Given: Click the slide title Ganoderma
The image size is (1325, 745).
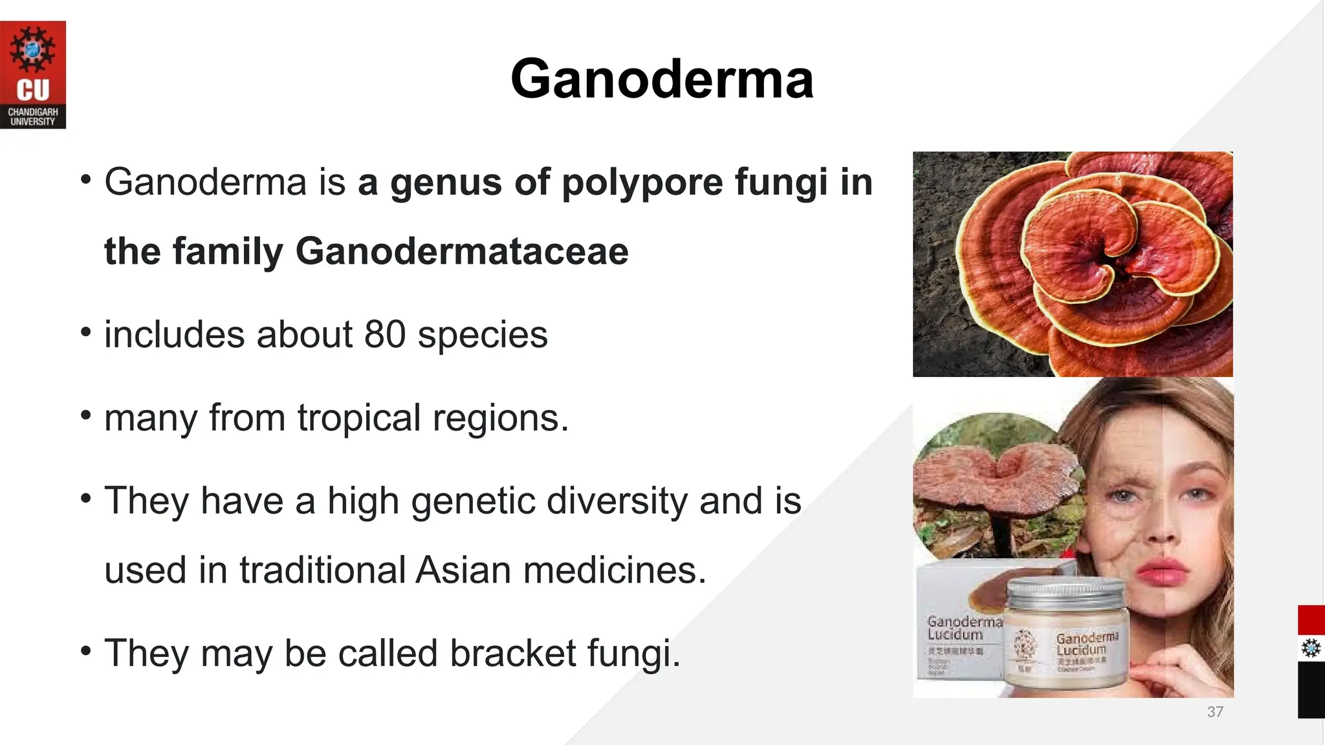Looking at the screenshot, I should point(662,79).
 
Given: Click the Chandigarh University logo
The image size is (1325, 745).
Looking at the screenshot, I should point(33,75).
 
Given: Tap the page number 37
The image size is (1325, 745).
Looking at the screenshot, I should point(1215,712).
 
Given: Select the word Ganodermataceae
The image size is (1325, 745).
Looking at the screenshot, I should point(462,252).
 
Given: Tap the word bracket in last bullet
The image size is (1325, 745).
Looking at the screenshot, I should point(512,653).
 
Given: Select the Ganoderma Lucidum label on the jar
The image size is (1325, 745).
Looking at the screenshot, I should point(1087,643).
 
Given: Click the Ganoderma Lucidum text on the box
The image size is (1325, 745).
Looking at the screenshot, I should point(963,628).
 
